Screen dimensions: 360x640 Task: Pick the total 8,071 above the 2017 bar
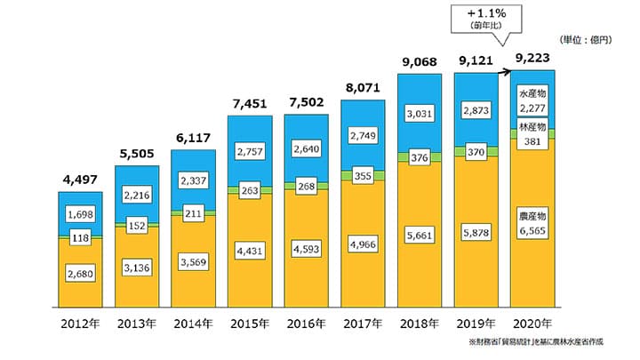[x=363, y=89]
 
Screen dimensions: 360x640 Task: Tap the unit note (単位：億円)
[x=586, y=41]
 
